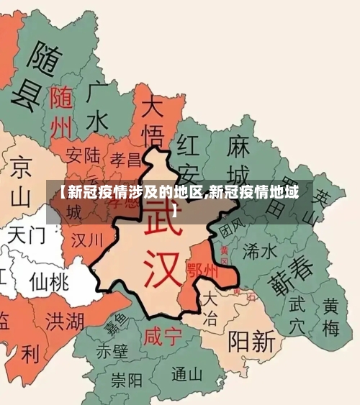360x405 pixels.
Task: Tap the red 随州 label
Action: (62, 112)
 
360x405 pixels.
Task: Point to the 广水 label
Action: (99, 107)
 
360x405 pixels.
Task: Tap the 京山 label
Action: (21, 181)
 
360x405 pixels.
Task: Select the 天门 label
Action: (27, 235)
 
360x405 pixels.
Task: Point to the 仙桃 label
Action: (49, 281)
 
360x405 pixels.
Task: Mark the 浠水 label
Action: (260, 250)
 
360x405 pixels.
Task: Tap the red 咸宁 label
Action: (161, 337)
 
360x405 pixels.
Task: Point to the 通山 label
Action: (188, 374)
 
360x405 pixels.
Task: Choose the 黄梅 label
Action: (330, 317)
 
